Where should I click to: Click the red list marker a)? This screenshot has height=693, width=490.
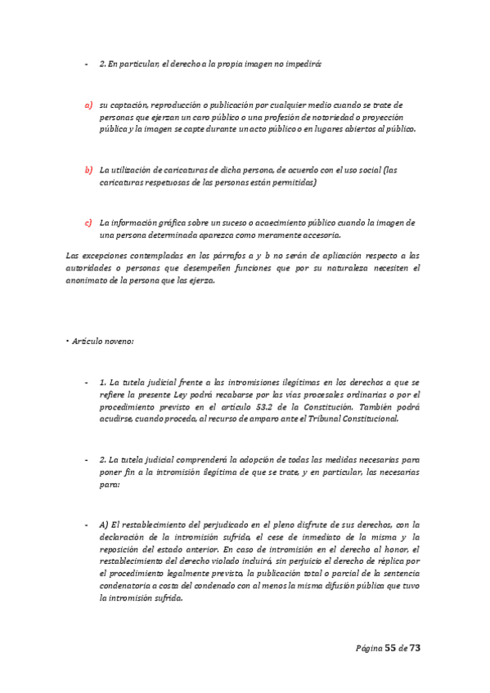pyautogui.click(x=88, y=105)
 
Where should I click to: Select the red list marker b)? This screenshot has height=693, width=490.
pyautogui.click(x=88, y=170)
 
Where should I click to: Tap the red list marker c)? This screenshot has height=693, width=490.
pyautogui.click(x=88, y=222)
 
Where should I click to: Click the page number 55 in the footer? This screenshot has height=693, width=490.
pyautogui.click(x=390, y=647)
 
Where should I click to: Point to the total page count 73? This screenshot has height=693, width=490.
pyautogui.click(x=415, y=647)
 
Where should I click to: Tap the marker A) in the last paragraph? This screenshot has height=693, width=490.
pyautogui.click(x=103, y=525)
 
